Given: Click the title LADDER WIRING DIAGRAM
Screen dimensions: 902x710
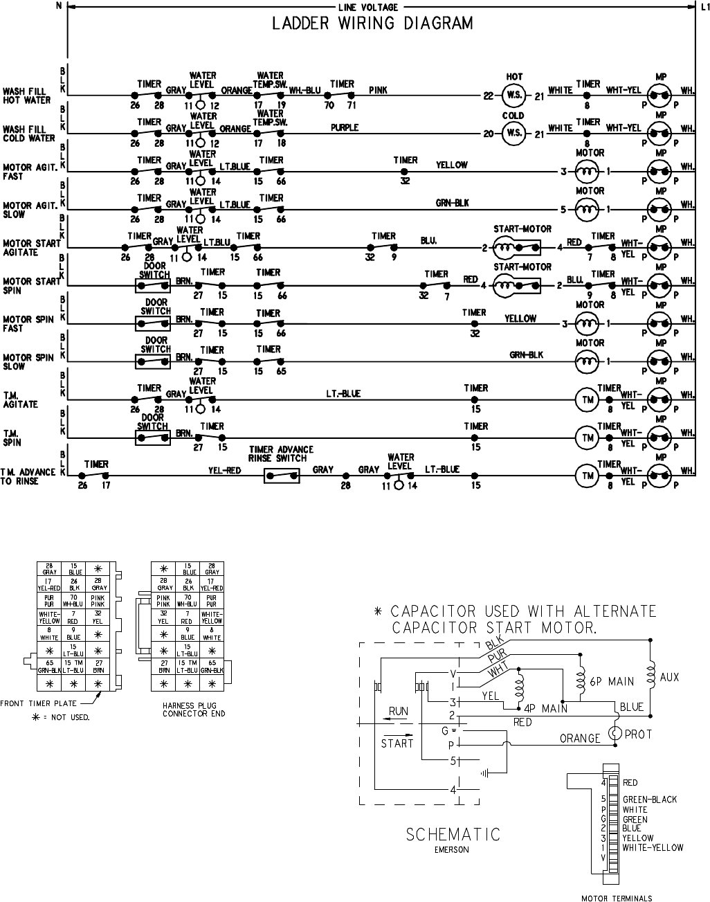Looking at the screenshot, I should [x=372, y=24].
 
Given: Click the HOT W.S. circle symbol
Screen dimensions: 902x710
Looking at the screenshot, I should [x=514, y=95].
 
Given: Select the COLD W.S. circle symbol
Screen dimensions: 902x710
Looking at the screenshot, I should [x=514, y=134].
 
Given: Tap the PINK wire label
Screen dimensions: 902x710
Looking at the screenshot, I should [x=379, y=90].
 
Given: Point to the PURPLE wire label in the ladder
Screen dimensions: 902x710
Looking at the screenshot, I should [x=344, y=128].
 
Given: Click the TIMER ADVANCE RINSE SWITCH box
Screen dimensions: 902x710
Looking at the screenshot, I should [x=282, y=476].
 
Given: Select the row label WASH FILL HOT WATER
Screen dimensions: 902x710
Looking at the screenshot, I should [x=27, y=96].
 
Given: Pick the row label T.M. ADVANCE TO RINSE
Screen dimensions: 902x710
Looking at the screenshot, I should [x=28, y=476].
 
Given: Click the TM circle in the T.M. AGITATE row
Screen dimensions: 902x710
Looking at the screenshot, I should [x=588, y=399].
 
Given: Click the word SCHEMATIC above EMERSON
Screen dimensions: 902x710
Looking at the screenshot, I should [x=453, y=835].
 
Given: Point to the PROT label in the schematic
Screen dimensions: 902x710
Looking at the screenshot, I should [x=638, y=734].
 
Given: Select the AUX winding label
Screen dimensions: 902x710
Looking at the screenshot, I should [x=670, y=677].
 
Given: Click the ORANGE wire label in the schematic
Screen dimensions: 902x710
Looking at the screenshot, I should [x=580, y=739].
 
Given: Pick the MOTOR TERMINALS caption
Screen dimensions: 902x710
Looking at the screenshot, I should [x=617, y=899].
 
